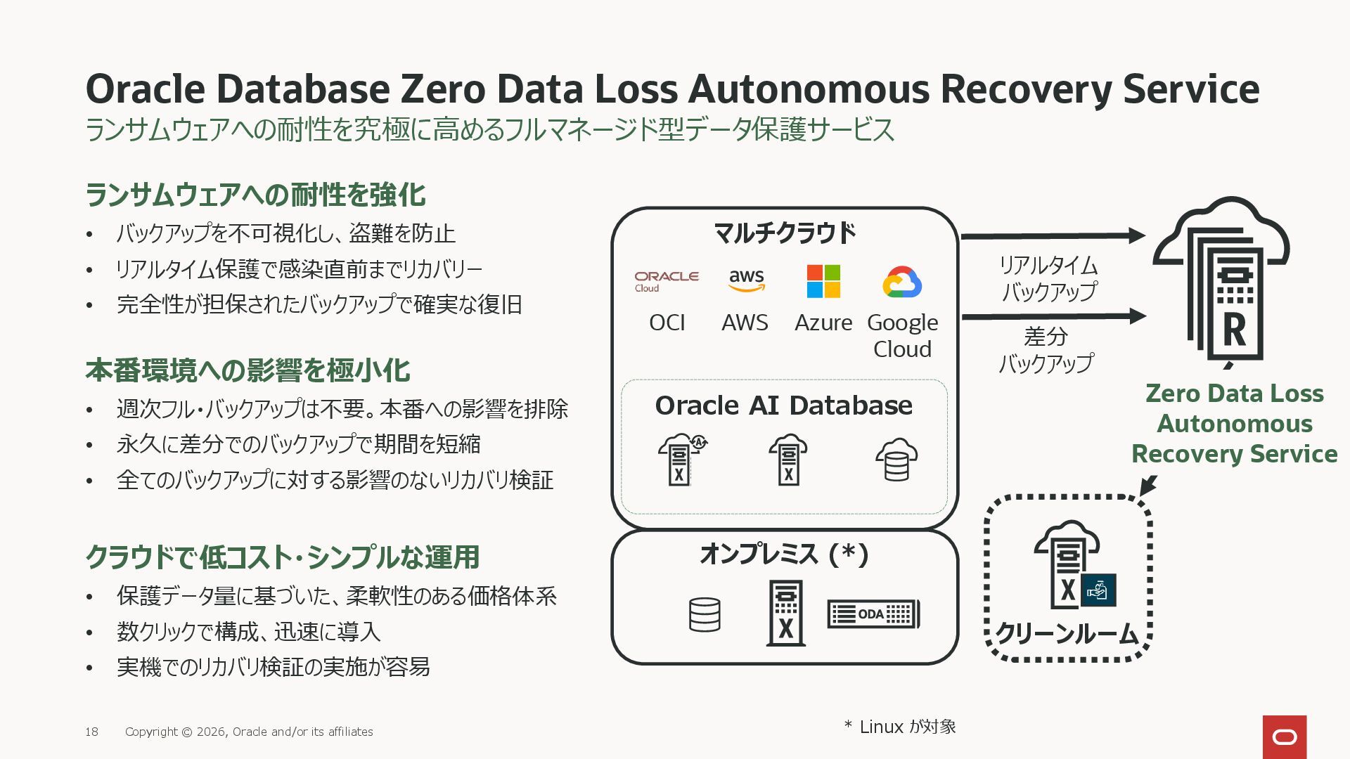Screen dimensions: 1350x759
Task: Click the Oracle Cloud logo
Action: (666, 281)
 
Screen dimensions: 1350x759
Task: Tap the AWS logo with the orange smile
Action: (746, 280)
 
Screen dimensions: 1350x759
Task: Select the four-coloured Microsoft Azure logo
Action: (823, 281)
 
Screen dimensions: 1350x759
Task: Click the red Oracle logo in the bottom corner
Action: (1284, 737)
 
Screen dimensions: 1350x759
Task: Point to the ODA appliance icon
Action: (873, 614)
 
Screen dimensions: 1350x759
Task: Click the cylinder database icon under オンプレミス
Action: (705, 614)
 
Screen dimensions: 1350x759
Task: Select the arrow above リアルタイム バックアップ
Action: (1053, 236)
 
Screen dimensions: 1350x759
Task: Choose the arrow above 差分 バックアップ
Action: (1053, 316)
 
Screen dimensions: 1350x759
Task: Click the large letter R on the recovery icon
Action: (1235, 330)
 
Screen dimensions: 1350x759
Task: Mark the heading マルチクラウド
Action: (785, 233)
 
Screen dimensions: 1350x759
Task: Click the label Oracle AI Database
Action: (783, 406)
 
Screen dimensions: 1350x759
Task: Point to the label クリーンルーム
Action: (1067, 634)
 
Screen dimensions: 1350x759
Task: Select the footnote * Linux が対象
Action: (900, 727)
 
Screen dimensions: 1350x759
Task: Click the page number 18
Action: (91, 732)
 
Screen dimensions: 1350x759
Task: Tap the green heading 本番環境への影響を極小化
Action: (247, 370)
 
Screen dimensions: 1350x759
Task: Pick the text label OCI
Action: (667, 323)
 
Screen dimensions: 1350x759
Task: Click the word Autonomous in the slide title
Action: (808, 89)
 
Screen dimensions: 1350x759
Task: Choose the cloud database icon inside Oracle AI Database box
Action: (896, 460)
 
